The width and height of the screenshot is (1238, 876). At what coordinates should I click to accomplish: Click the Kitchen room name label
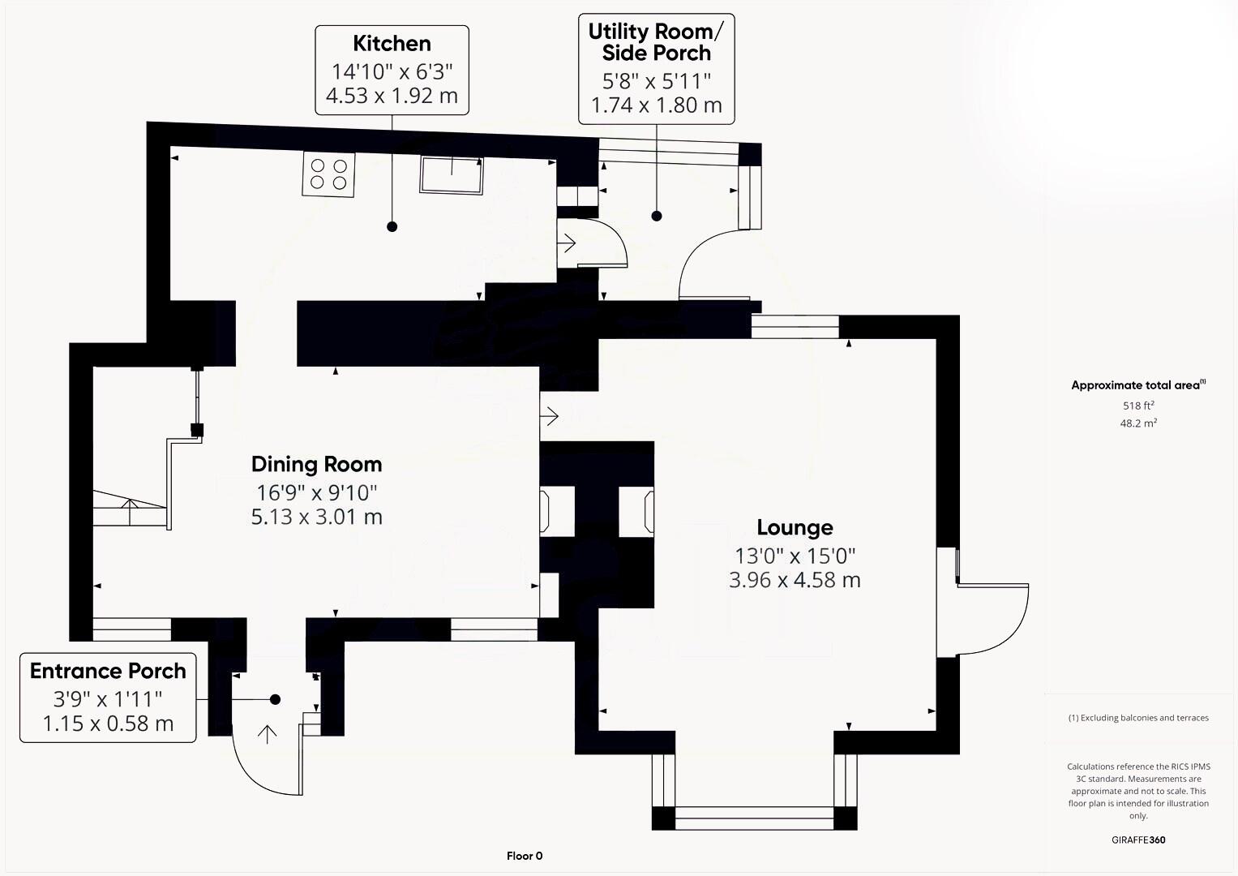coord(392,44)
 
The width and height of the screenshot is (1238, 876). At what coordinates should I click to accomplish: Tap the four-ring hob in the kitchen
coord(328,174)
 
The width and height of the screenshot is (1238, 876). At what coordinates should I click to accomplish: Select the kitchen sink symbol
coord(452,174)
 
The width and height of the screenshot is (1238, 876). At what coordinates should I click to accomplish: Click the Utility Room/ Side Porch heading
coord(656,42)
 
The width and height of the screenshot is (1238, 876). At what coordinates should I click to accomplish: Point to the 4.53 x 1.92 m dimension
coord(392,96)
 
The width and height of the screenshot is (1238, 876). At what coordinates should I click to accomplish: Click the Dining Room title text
coord(316,465)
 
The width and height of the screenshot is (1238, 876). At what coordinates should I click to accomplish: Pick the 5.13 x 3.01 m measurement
coord(316,517)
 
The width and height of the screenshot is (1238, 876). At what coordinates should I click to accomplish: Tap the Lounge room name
coord(795,528)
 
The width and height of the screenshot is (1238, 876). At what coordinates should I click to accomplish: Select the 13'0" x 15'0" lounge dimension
coord(795,556)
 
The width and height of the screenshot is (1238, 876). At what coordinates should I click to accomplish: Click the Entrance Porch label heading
coord(108,672)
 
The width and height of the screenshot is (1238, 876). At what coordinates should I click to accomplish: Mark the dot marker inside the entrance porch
coord(275,699)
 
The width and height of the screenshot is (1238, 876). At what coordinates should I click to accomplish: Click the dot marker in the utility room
coord(657,216)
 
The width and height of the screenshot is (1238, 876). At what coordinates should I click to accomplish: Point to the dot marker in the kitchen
coord(392,226)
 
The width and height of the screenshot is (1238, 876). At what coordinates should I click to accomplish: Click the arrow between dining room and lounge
coord(550,416)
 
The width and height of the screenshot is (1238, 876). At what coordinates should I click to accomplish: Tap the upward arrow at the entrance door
coord(267,734)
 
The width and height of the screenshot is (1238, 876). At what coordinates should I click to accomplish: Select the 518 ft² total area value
coord(1138,406)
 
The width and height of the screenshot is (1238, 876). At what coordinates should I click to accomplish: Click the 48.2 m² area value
coord(1138,423)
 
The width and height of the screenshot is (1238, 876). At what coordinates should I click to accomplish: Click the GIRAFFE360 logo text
coord(1138,839)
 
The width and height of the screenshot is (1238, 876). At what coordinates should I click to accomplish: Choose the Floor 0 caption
coord(525,856)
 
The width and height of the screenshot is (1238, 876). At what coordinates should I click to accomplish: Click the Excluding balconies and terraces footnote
coord(1138,718)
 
